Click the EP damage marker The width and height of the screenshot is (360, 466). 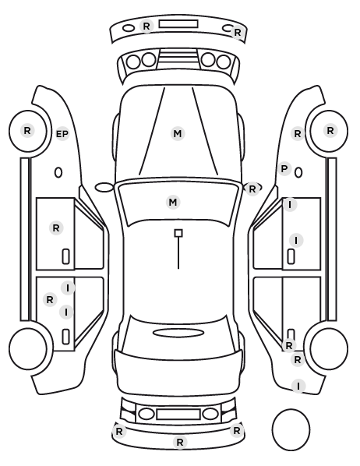tap(62, 134)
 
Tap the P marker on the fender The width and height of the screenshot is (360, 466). tap(284, 169)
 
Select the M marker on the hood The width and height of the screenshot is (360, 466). tap(178, 133)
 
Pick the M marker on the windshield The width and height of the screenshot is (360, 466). tap(173, 203)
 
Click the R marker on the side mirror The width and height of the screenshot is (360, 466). tap(252, 189)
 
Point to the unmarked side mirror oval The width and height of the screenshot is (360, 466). tap(104, 188)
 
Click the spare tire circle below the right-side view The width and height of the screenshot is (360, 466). tap(291, 429)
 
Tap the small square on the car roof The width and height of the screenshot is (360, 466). tap(178, 233)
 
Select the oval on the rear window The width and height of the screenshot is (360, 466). tap(178, 333)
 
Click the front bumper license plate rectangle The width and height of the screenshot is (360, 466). tap(178, 24)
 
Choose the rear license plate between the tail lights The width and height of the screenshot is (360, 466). tap(178, 414)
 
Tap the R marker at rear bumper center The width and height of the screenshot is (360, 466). tap(180, 442)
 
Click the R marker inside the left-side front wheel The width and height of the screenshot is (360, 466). tap(27, 130)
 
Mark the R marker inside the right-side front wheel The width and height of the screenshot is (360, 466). tap(330, 130)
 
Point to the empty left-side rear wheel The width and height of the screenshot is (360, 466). tap(28, 348)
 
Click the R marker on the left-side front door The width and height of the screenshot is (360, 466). tap(56, 228)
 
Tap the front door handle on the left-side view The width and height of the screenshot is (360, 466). tap(65, 256)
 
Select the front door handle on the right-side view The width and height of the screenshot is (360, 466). tap(291, 256)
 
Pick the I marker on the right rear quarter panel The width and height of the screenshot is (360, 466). tap(298, 386)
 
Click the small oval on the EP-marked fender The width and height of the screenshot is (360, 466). tap(58, 173)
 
